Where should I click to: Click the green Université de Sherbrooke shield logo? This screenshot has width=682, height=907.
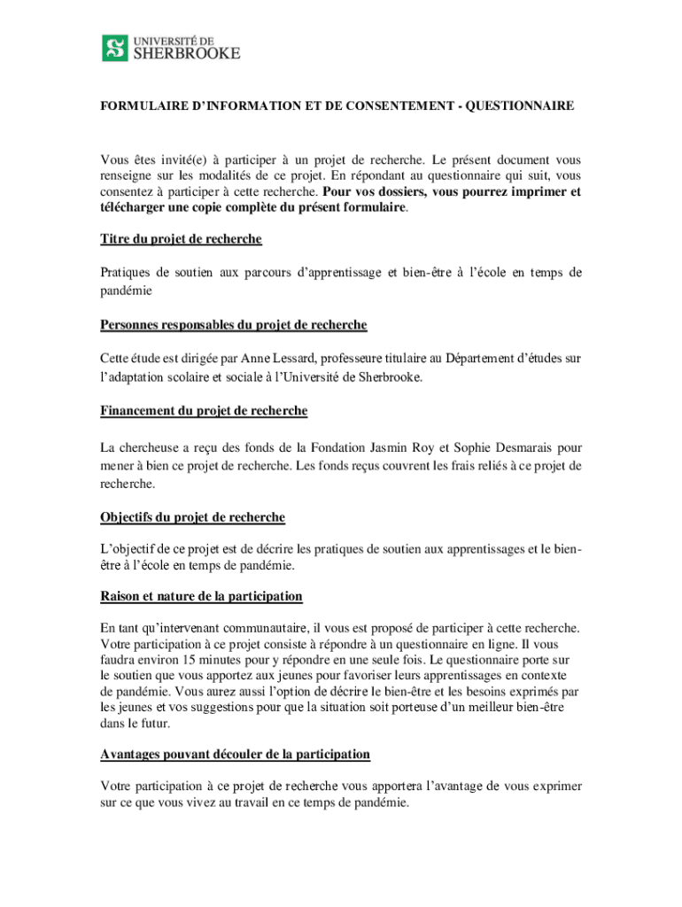coord(115,48)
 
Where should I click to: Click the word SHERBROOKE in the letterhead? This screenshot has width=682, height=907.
coord(186,53)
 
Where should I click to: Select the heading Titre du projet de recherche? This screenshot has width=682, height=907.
coord(181,239)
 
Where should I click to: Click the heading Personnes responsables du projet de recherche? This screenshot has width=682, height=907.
coord(234,325)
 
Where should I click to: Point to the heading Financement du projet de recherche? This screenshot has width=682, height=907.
coord(204,411)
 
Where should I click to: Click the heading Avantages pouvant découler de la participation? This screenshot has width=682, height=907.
coord(235,754)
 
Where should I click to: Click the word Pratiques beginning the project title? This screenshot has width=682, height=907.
coord(125,273)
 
